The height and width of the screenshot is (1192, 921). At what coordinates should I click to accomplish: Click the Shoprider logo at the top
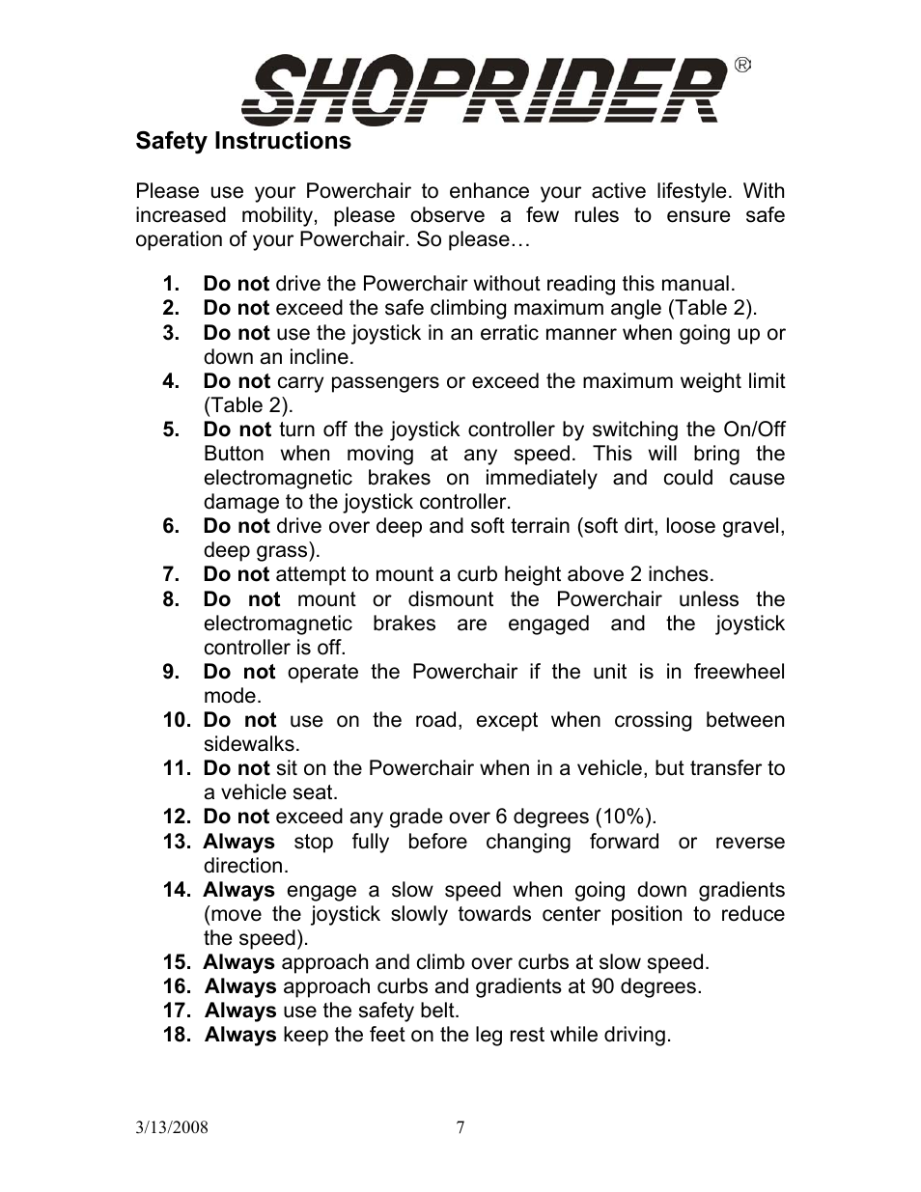tap(483, 89)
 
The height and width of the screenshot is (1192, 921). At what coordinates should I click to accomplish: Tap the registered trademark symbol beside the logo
tap(742, 66)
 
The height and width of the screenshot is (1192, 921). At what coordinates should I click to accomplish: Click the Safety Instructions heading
tap(243, 141)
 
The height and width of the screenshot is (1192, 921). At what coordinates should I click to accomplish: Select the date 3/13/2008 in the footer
tap(172, 1127)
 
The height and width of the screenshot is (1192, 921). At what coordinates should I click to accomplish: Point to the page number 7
tap(460, 1127)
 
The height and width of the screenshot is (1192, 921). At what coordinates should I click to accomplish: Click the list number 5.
tap(171, 430)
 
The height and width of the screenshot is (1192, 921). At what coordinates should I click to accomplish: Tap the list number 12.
tap(177, 817)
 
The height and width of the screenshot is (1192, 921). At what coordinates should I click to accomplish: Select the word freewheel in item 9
tap(739, 672)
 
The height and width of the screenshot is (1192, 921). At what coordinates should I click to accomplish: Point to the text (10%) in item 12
tap(624, 817)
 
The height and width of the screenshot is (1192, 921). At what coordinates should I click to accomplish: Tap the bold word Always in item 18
tap(240, 1035)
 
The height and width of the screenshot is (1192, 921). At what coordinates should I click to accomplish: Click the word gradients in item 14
tap(741, 890)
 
